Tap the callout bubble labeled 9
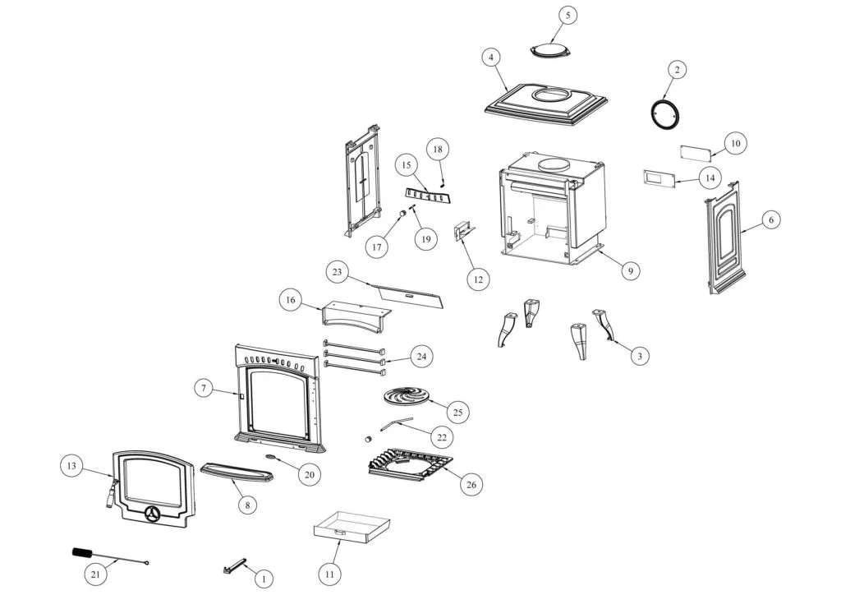630,270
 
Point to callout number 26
471,484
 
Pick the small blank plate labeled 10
695,153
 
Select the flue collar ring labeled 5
548,50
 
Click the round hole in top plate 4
552,95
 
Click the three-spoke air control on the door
152,514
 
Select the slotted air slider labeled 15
427,196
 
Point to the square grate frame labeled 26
409,464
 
